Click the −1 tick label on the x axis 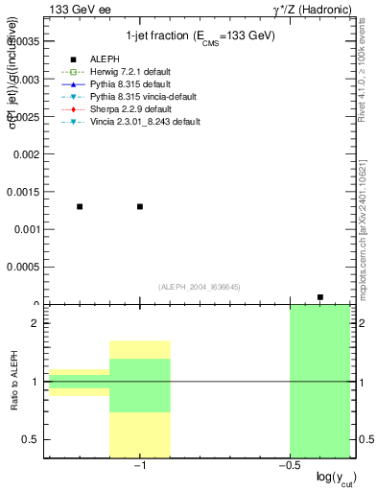[139, 466]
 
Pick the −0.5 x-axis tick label [287, 466]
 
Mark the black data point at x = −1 [140, 206]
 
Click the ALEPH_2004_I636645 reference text [200, 287]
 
